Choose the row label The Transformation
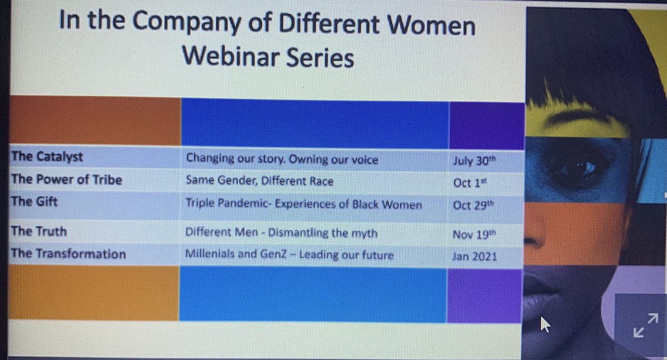tap(68, 254)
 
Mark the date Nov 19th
tap(473, 235)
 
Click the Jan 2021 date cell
tap(474, 256)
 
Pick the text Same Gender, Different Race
tap(260, 181)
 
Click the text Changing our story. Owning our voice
tap(282, 160)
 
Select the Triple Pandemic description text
tap(303, 204)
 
